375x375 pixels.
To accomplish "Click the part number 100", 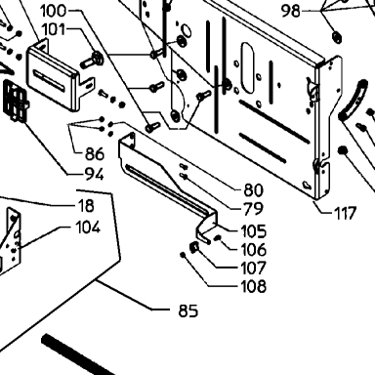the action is click(x=53, y=11).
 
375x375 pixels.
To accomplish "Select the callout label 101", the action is click(x=54, y=29).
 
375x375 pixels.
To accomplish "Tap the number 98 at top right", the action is click(x=290, y=12).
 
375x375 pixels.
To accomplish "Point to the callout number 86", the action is click(x=95, y=153).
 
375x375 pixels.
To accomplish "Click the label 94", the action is click(x=95, y=175).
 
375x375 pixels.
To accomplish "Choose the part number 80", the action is click(x=253, y=190).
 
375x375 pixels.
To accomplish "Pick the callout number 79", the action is click(x=253, y=209).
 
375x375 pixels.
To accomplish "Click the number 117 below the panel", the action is click(x=345, y=214).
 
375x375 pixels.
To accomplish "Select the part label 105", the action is click(x=254, y=231).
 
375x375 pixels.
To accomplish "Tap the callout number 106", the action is click(x=254, y=250).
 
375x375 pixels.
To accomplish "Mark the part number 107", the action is click(x=254, y=268).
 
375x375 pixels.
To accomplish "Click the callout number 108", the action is click(x=254, y=286).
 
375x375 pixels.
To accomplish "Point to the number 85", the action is click(x=188, y=311).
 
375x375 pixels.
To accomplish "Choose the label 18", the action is click(x=86, y=206).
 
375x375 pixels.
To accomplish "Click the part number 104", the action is click(x=88, y=228).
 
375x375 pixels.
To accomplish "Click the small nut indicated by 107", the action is click(x=194, y=248).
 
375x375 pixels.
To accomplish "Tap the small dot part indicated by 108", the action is click(x=183, y=255).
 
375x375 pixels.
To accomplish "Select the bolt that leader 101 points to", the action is click(x=93, y=60).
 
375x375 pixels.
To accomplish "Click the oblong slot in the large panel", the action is click(x=248, y=67).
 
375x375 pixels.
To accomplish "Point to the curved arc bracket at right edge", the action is click(x=354, y=101).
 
